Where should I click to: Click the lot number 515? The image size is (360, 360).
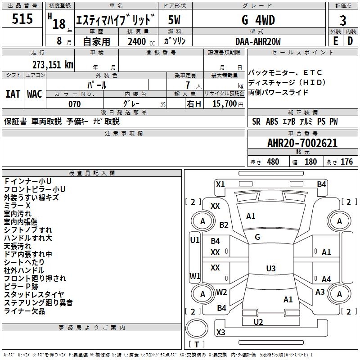point(22,19)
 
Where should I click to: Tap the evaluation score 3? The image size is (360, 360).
point(343,21)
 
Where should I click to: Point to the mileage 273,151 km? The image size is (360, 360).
point(53,64)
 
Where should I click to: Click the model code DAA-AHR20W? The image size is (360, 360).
point(258,42)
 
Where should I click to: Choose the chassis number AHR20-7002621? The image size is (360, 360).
point(302,144)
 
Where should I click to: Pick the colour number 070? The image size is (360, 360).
point(74,104)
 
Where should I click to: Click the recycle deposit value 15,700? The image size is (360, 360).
point(224,104)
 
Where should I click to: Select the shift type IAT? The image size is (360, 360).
point(13,94)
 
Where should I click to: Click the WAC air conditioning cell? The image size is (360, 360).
point(35,94)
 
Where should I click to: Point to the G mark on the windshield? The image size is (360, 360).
point(257,237)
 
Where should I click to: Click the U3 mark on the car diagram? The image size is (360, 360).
point(270,269)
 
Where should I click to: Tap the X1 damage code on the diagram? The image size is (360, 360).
point(220,184)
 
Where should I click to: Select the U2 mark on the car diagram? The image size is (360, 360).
point(258,322)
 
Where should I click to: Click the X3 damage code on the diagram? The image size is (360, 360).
point(220,333)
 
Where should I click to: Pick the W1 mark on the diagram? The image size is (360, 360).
point(195,276)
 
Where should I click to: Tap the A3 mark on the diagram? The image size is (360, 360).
point(320,292)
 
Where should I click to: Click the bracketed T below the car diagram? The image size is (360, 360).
point(197,345)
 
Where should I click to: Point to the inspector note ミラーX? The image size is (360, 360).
point(18,205)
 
